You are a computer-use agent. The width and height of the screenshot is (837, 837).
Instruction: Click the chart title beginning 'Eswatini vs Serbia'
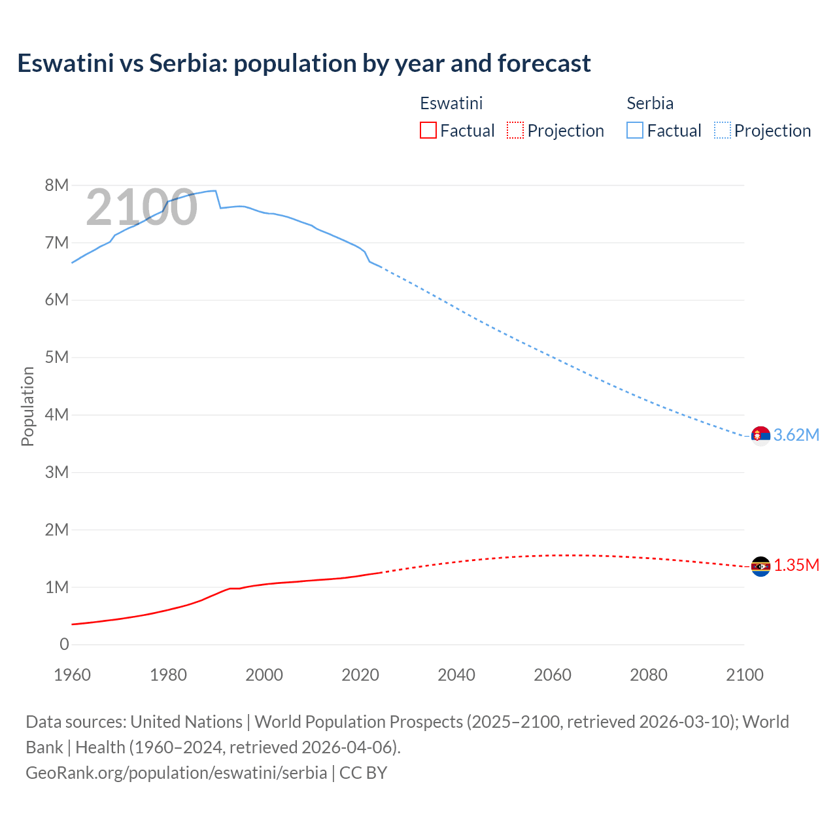click(x=303, y=63)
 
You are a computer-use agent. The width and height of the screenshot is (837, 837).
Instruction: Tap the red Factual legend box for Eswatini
click(x=428, y=130)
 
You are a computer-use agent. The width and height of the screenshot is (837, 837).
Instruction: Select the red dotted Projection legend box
click(x=515, y=130)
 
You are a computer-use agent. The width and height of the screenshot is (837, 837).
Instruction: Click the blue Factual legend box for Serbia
click(x=634, y=130)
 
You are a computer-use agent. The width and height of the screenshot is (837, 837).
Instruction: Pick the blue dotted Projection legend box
click(x=722, y=130)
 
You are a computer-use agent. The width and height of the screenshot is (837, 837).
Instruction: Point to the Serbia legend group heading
click(x=649, y=103)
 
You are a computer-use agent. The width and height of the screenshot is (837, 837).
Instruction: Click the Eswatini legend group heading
click(x=451, y=103)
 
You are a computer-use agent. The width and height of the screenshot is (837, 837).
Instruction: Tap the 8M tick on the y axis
click(x=57, y=185)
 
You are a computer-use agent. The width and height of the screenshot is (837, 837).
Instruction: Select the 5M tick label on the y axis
click(x=57, y=357)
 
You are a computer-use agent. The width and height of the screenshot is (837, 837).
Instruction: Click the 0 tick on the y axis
click(x=63, y=644)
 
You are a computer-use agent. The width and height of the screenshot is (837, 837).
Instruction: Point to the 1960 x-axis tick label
click(x=72, y=675)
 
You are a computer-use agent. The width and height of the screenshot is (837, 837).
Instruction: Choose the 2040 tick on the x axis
click(x=456, y=675)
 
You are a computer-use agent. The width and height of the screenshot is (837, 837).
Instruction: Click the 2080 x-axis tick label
click(x=649, y=675)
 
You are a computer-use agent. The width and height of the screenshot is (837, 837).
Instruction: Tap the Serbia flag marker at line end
click(x=760, y=435)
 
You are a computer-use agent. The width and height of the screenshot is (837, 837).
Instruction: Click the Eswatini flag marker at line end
click(x=760, y=566)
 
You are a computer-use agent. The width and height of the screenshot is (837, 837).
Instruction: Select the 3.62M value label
click(x=796, y=435)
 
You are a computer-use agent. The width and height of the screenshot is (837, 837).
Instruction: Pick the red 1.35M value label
click(x=796, y=566)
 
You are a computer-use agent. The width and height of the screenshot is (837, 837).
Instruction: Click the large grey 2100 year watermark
click(x=141, y=207)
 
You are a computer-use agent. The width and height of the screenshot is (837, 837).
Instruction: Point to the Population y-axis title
click(x=27, y=406)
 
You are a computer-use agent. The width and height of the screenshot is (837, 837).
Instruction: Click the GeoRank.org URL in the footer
click(x=176, y=772)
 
